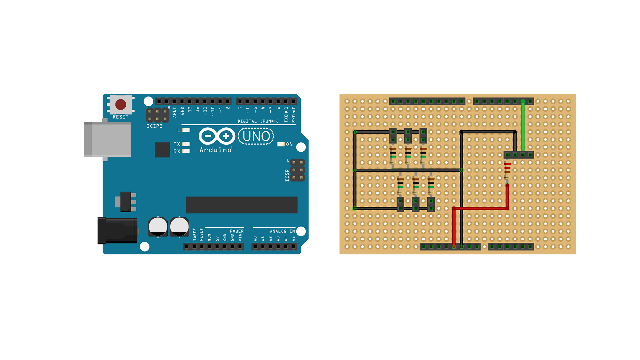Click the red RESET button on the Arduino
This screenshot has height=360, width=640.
(121, 105)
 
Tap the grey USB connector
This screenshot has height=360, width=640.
(107, 139)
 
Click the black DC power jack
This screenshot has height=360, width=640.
(117, 231)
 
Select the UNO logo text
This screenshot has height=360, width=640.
(256, 136)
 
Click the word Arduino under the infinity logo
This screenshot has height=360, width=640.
(216, 150)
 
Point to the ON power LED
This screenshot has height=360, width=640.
(281, 144)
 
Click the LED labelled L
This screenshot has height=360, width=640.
(186, 130)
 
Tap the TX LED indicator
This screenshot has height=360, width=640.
(186, 144)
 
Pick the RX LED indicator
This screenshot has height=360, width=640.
(186, 151)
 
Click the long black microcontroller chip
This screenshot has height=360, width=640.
(242, 205)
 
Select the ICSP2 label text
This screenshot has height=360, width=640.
(155, 126)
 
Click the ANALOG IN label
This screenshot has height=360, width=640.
(282, 231)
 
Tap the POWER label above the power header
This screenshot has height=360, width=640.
(237, 231)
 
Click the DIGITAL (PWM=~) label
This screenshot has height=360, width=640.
(258, 121)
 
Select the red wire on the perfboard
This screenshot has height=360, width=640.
(480, 208)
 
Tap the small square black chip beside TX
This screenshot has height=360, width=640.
(163, 150)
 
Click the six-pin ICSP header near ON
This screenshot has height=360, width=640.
(297, 170)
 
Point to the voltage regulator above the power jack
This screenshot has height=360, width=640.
(126, 202)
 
